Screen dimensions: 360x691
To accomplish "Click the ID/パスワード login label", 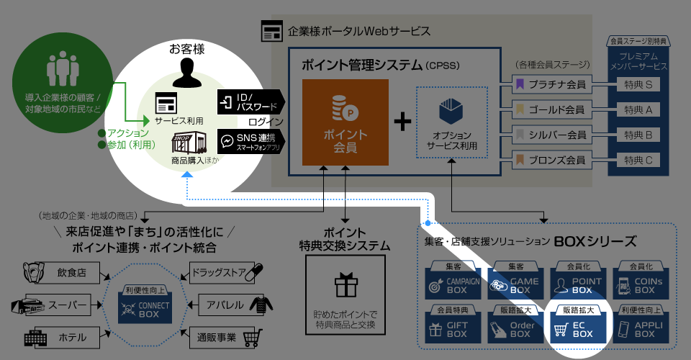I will point(250,102).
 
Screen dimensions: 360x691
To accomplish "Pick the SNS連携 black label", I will point(250,140).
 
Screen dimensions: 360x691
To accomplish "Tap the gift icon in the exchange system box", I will point(345,286).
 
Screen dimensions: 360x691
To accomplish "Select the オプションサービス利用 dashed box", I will point(452,122).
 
